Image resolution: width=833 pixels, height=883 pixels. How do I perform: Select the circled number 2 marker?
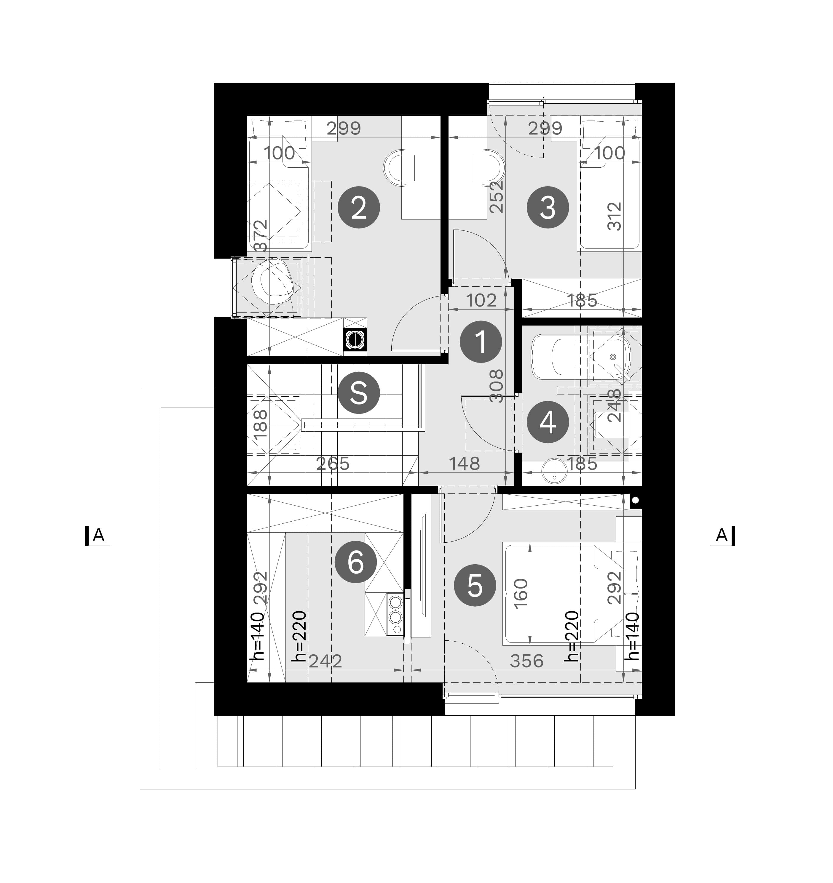359,207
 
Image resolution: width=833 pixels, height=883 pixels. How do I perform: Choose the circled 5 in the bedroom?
475,585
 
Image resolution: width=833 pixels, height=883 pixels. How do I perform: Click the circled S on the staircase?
359,393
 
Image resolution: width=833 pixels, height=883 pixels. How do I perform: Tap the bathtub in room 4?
581,357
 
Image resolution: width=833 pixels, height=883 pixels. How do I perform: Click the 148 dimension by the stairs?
465,463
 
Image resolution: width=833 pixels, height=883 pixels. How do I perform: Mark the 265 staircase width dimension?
333,463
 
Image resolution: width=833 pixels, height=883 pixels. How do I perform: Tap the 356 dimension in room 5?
527,661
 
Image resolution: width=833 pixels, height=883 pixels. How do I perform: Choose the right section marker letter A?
722,535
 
